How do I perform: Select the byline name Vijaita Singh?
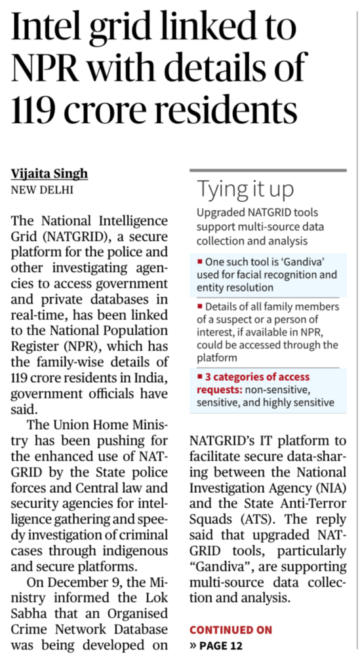50,174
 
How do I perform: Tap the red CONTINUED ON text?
230,630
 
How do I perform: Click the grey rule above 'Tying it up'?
267,170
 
